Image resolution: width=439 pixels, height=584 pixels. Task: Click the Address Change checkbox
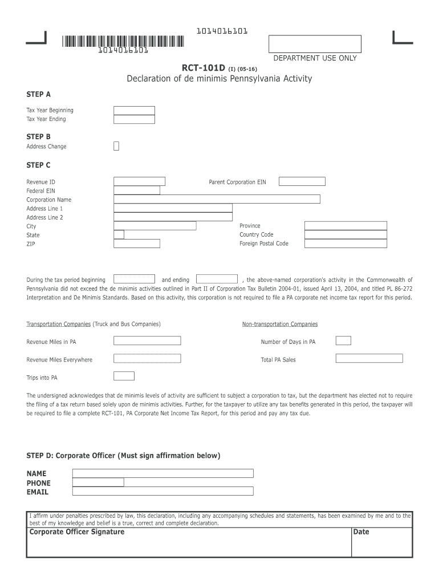(x=116, y=146)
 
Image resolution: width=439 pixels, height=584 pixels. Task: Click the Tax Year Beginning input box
(x=134, y=111)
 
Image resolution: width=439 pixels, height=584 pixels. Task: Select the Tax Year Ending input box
(x=134, y=119)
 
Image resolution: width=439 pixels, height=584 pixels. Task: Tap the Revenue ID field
(x=139, y=181)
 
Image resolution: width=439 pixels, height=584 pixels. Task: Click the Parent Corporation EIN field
(x=301, y=181)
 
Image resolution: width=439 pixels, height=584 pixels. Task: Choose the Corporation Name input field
(x=217, y=199)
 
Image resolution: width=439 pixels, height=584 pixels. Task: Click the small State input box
(x=119, y=234)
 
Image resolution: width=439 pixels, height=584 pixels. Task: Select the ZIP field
(x=137, y=244)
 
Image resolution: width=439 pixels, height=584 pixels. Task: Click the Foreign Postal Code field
(x=345, y=244)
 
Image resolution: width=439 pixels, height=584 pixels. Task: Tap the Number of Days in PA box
(x=343, y=341)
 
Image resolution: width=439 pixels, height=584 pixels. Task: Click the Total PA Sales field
(x=369, y=359)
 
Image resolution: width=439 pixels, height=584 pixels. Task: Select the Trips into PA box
(x=124, y=376)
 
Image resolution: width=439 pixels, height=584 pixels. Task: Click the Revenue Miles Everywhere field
(x=147, y=359)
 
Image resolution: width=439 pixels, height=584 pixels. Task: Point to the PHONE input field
(x=98, y=482)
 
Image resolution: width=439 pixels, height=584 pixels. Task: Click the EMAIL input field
(x=162, y=492)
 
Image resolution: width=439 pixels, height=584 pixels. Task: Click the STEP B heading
(x=39, y=137)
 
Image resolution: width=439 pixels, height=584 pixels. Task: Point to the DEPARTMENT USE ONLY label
(x=315, y=58)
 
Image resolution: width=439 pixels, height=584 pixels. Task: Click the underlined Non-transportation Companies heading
(x=280, y=324)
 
